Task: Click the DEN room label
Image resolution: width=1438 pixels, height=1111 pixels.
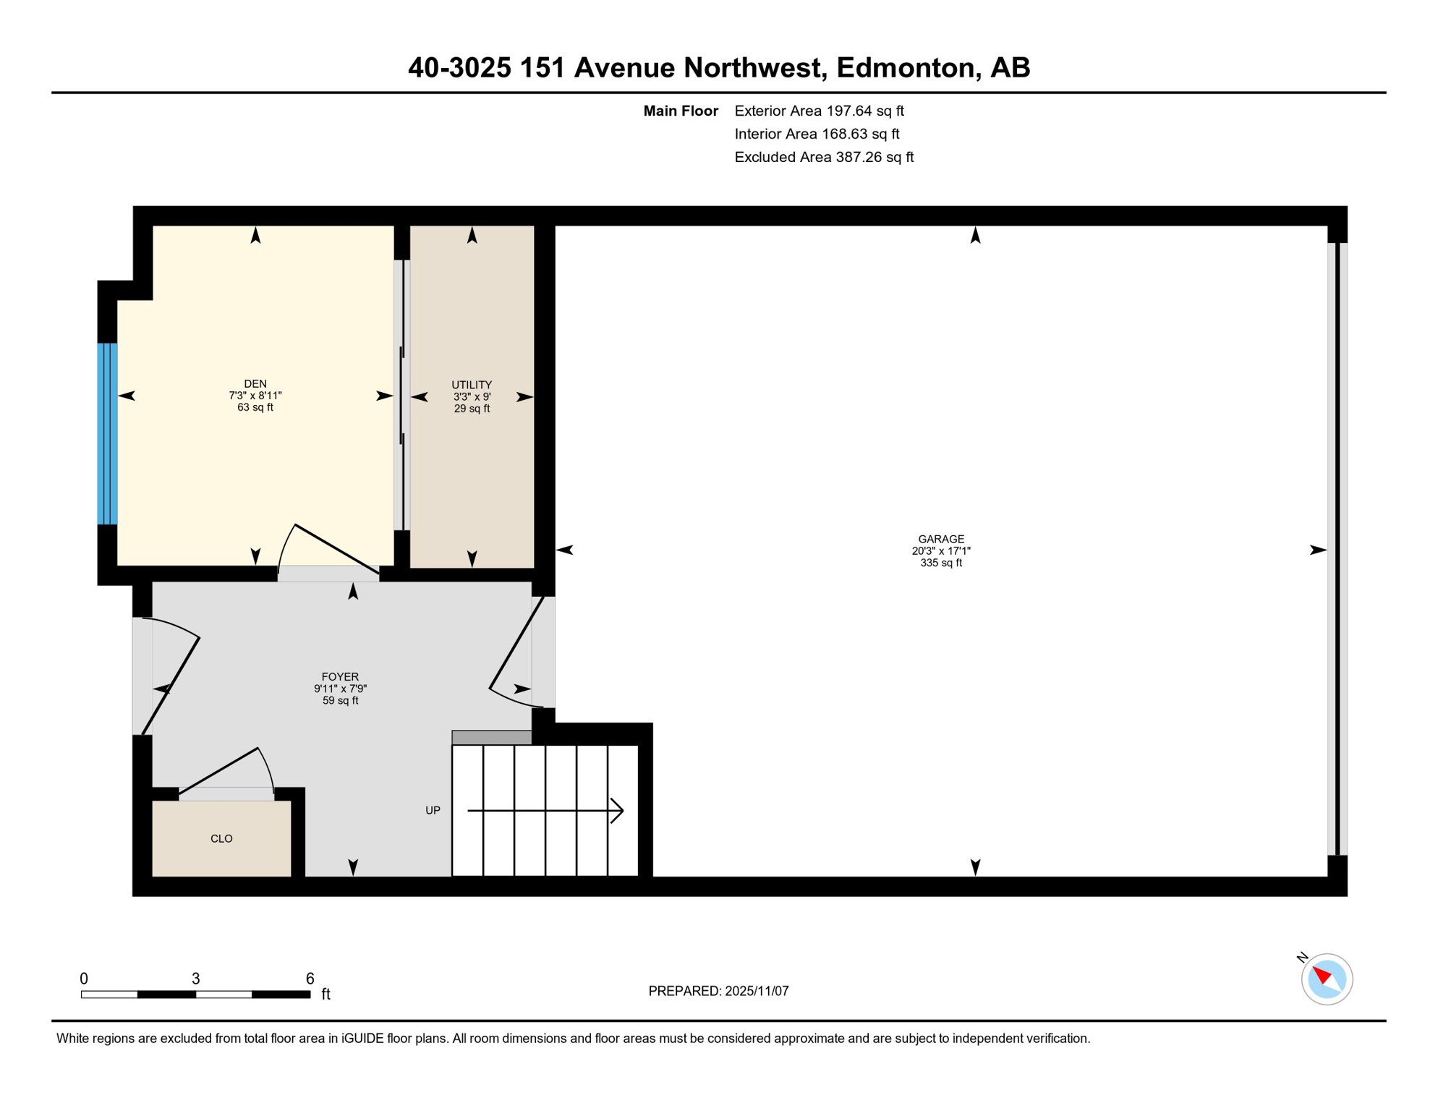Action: [255, 383]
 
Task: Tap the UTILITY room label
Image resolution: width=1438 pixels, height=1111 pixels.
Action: [472, 385]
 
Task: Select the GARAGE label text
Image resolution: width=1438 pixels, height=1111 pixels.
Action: [940, 539]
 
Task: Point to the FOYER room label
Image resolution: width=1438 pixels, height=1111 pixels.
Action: [340, 677]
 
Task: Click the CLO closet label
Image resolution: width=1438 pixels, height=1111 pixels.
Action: [221, 838]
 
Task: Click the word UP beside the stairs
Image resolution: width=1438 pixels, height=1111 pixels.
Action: [433, 810]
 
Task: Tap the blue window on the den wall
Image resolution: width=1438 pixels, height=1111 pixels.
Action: [107, 433]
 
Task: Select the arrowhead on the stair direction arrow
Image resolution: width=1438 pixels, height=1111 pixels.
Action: [618, 810]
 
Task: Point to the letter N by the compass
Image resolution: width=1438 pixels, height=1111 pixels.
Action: [1302, 958]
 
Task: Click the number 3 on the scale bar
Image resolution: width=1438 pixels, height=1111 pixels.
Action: [195, 979]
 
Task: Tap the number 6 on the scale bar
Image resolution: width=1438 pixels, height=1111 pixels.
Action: [310, 979]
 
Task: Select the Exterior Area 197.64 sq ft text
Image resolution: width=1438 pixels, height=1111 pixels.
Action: [819, 111]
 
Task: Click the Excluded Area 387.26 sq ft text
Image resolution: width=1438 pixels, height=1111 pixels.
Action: [824, 157]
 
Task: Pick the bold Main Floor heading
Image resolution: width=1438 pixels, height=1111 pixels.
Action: [680, 111]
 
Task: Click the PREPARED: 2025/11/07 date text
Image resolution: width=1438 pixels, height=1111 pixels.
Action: [718, 991]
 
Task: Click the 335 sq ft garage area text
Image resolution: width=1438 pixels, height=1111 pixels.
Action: [940, 563]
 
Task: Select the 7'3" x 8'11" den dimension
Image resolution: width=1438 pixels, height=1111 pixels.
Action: [255, 396]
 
